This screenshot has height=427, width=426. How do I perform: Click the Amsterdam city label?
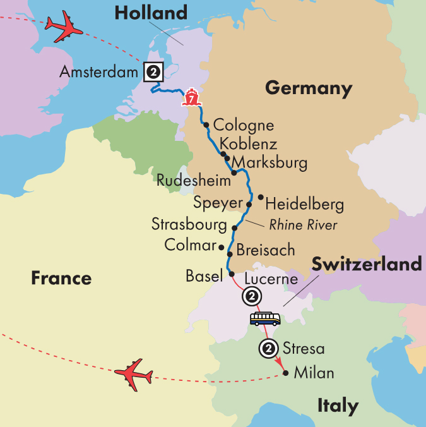(98, 73)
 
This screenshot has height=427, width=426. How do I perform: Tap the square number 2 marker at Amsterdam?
(152, 72)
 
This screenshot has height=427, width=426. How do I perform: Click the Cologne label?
(244, 125)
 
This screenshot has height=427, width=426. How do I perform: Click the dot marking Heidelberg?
(261, 196)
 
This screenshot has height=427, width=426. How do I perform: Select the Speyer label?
(218, 204)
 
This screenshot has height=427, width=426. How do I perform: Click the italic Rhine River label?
(303, 225)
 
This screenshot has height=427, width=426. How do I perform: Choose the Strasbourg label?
(189, 224)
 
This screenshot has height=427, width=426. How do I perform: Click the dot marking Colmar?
(221, 246)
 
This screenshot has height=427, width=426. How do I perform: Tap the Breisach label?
(265, 250)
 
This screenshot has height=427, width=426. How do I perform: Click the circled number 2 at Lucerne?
(251, 296)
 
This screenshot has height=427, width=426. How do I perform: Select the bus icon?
(265, 318)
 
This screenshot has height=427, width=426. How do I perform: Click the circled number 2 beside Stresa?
(268, 348)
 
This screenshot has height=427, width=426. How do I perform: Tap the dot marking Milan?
(287, 373)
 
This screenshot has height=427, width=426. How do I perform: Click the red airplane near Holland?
(64, 27)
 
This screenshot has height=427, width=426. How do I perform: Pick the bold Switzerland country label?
(365, 264)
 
